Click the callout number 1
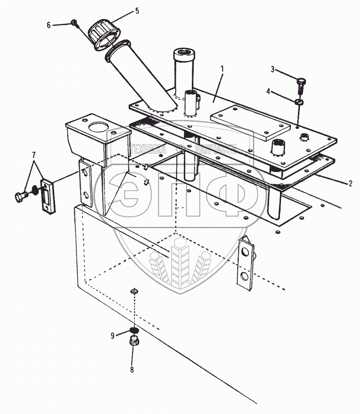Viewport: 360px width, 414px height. pos(222,69)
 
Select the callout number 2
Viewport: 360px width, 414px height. pos(351,183)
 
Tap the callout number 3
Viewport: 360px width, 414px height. pos(272,69)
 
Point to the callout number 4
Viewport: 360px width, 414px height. pos(269,91)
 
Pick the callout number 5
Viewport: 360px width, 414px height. pos(137,11)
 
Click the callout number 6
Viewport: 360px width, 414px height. pos(49,25)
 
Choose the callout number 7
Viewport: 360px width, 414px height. pos(34,155)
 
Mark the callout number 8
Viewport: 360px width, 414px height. pos(132,369)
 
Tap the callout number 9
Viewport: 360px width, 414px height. pos(113,335)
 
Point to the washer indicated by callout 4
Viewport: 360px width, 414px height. pos(299,102)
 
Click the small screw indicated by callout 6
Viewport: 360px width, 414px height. pos(74,23)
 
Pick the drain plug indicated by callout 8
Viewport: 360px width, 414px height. pos(135,341)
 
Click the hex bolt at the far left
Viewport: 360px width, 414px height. pos(21,197)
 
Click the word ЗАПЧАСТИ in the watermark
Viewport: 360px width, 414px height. pos(216,149)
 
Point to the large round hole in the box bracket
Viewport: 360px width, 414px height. pos(99,127)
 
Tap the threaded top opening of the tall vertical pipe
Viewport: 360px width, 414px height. pos(184,52)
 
